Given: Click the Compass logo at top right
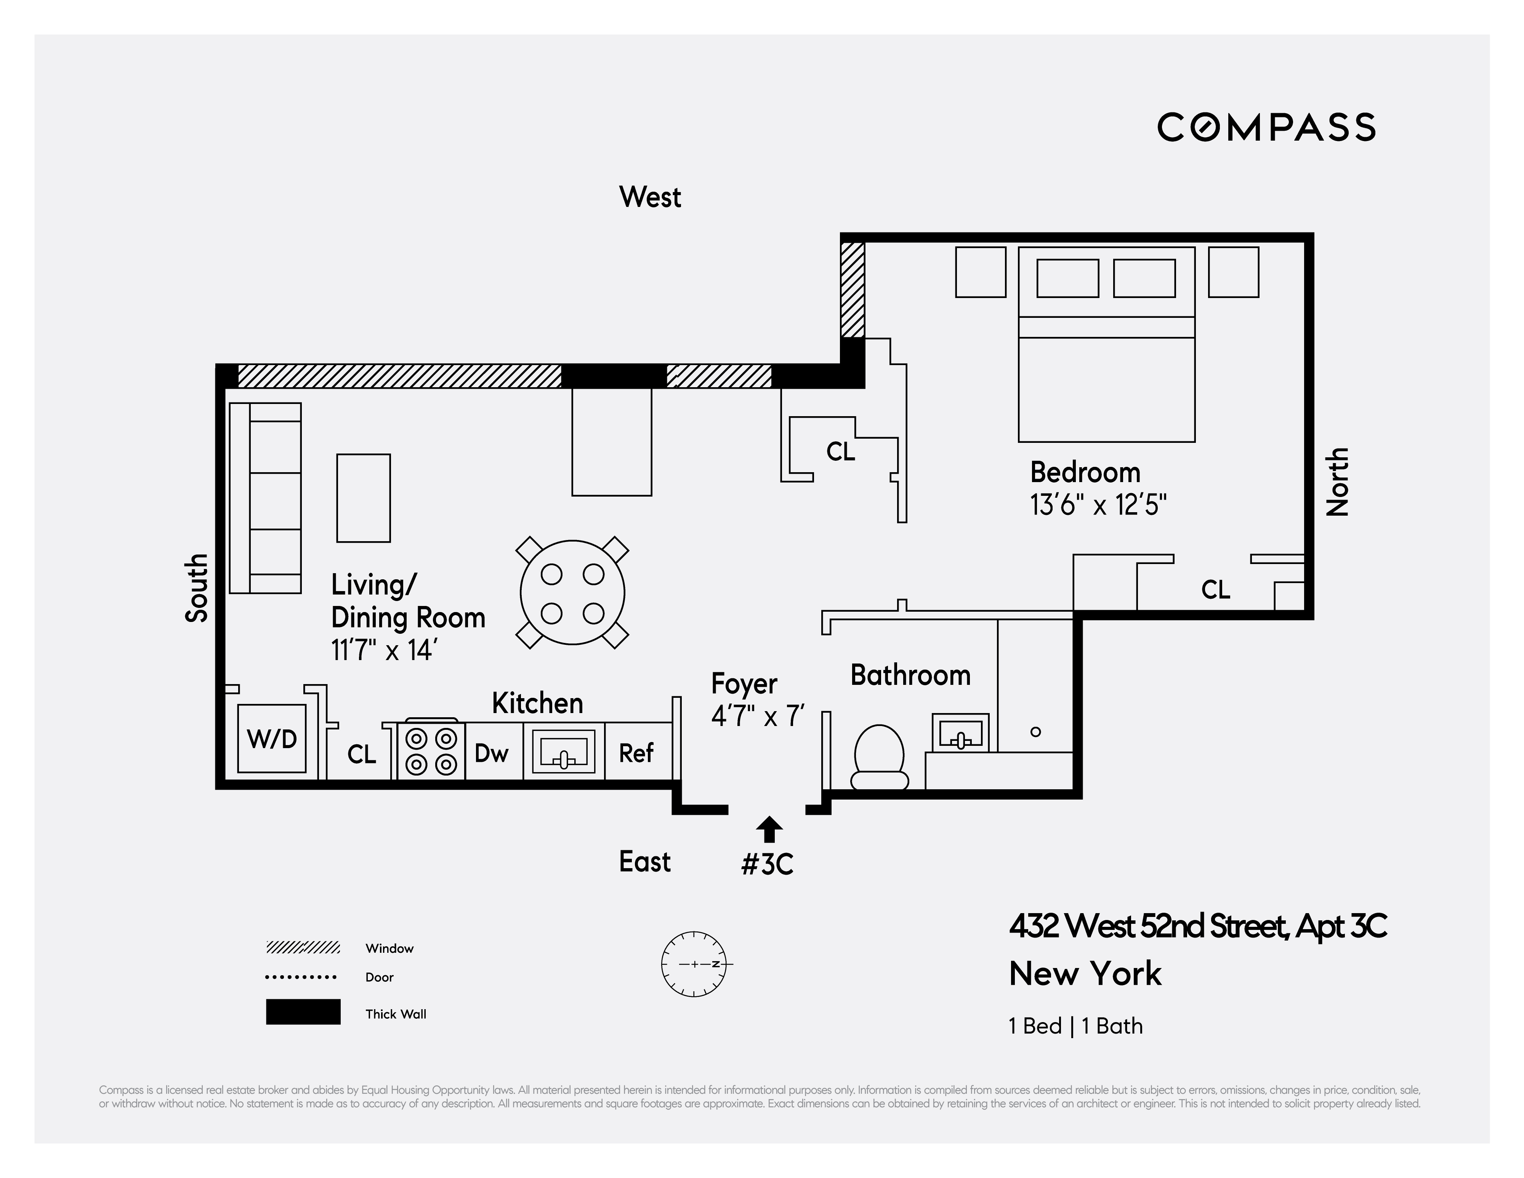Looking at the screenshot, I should point(1266,128).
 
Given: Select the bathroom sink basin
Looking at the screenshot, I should point(961,733).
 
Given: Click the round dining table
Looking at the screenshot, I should point(572,593).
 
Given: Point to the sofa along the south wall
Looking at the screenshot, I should point(266,498).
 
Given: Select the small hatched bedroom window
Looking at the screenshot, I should point(852,290).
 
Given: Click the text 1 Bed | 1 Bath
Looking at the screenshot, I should point(1075,1026).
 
